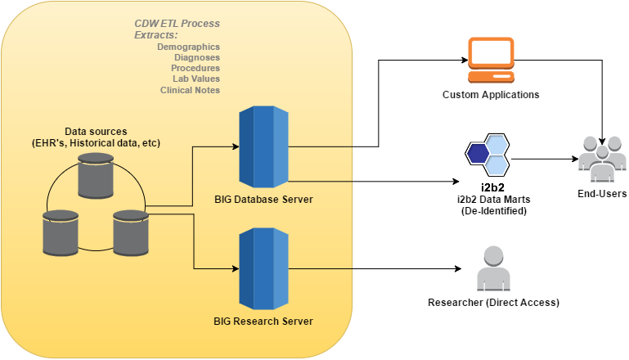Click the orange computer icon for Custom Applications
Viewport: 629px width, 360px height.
pos(490,60)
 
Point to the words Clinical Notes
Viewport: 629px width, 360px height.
pos(190,89)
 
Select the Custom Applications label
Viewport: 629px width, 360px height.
pos(491,94)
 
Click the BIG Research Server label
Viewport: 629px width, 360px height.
pos(263,321)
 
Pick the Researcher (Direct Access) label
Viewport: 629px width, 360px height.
pos(493,303)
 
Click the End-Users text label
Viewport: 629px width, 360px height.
pos(601,194)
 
